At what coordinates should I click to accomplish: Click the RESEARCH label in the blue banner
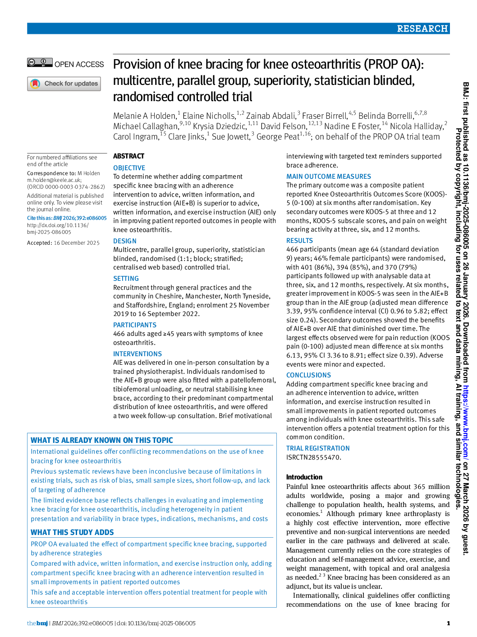click(x=422, y=28)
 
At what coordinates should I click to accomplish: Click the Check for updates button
click(x=64, y=84)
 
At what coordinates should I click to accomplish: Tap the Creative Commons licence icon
click(x=40, y=63)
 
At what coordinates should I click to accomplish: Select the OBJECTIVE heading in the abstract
click(x=129, y=168)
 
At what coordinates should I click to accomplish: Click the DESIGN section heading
click(x=124, y=241)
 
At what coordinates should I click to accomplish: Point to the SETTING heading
click(x=126, y=279)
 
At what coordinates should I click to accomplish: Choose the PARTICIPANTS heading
click(x=135, y=325)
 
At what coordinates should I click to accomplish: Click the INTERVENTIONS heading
click(x=138, y=354)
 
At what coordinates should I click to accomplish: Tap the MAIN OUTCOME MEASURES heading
click(x=329, y=177)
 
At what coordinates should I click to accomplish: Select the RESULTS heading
click(x=299, y=241)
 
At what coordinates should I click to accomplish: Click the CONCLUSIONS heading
click(x=308, y=375)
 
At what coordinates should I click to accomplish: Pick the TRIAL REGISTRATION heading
click(x=318, y=448)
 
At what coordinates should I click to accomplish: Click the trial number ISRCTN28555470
click(x=313, y=457)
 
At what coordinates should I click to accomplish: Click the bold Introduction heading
click(x=304, y=477)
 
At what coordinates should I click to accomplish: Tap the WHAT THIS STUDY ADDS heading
click(x=72, y=532)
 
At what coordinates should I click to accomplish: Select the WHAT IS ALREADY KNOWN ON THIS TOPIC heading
click(x=102, y=440)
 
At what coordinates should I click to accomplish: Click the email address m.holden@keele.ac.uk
click(x=54, y=180)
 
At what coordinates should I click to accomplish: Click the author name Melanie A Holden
click(x=145, y=116)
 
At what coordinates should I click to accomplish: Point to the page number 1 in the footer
click(x=448, y=623)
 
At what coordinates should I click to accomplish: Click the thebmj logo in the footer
click(x=37, y=623)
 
